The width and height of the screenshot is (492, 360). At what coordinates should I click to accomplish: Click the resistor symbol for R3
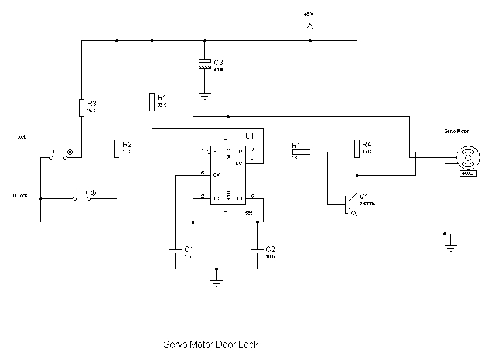(81, 108)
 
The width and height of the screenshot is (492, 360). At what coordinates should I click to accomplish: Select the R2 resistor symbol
(117, 149)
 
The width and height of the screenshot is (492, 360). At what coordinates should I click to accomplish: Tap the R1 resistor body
(152, 101)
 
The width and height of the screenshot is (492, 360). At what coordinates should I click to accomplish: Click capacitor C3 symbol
(204, 64)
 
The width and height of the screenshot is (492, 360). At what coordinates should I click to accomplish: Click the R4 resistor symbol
(356, 149)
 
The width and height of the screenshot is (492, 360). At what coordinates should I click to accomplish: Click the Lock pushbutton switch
(59, 154)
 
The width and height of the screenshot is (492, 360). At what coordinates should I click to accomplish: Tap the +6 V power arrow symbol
(310, 26)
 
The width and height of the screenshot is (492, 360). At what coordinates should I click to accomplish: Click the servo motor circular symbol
(467, 156)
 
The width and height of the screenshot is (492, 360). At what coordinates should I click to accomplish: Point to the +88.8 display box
(467, 173)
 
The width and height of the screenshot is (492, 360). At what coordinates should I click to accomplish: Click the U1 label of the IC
(250, 136)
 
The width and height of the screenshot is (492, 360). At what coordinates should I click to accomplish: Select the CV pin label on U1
(216, 174)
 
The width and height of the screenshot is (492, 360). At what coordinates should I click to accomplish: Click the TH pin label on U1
(239, 198)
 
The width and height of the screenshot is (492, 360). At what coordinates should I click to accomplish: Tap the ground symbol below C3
(204, 95)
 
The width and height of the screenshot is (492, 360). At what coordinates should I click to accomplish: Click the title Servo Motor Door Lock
(210, 344)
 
